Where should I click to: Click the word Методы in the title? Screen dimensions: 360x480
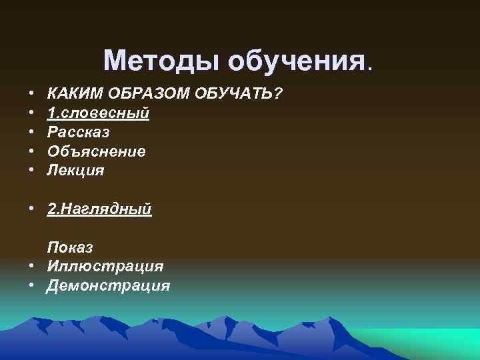click(x=162, y=61)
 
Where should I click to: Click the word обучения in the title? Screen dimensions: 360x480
click(x=297, y=61)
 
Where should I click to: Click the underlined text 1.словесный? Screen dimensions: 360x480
click(x=98, y=113)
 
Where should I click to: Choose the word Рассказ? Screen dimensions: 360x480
click(x=78, y=132)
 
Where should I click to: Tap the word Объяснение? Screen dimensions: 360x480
click(x=96, y=151)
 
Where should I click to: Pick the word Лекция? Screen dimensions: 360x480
click(x=75, y=171)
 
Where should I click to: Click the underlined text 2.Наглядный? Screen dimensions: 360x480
click(x=99, y=209)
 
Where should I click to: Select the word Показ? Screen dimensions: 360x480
click(x=70, y=247)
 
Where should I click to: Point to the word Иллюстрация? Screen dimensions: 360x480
click(x=105, y=267)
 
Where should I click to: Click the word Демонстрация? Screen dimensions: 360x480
click(x=108, y=286)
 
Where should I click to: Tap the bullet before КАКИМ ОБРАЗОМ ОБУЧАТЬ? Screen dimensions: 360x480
click(x=31, y=94)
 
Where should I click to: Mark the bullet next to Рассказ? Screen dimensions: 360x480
click(x=31, y=132)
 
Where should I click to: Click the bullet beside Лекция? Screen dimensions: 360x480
click(x=31, y=171)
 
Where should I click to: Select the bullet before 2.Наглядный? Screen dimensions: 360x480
click(x=31, y=209)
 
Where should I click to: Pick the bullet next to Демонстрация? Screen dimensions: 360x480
click(x=31, y=286)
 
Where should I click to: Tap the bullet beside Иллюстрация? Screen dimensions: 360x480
click(x=31, y=267)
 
